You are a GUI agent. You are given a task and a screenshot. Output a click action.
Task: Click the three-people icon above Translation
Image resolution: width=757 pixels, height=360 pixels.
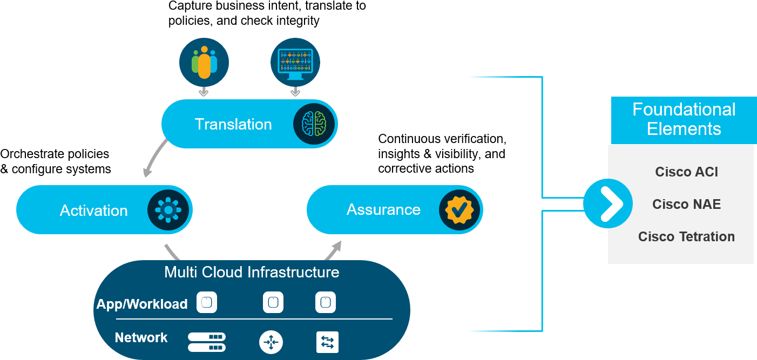[204, 63]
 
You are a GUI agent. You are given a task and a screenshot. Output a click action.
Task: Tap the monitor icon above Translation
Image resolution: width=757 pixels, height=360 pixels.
[295, 63]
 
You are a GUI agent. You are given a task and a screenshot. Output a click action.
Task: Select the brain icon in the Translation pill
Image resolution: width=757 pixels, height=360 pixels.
[314, 124]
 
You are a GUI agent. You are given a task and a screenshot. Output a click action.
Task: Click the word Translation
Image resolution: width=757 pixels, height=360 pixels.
[233, 124]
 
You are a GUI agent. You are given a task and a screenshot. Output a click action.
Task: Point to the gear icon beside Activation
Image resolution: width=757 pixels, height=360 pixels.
[168, 209]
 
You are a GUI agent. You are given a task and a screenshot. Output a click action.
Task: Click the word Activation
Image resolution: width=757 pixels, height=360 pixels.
[94, 210]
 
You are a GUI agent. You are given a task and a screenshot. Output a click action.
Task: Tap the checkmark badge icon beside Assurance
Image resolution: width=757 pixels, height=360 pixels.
[459, 209]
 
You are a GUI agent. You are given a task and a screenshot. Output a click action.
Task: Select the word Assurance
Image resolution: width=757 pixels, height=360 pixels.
[383, 209]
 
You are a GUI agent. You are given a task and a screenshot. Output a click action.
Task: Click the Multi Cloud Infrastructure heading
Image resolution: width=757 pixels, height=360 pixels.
[252, 271]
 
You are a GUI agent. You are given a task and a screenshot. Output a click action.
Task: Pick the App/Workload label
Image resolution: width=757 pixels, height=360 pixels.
[142, 304]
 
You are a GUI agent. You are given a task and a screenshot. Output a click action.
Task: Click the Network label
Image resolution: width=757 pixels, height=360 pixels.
[141, 338]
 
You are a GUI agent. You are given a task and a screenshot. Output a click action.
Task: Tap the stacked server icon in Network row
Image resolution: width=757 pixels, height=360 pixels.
[206, 342]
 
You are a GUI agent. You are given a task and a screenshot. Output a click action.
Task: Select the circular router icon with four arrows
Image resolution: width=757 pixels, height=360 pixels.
[271, 342]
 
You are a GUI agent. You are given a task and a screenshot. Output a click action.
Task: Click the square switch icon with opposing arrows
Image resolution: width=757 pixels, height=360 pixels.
[327, 342]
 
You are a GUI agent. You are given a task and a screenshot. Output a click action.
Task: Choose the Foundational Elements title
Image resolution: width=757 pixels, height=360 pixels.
[684, 119]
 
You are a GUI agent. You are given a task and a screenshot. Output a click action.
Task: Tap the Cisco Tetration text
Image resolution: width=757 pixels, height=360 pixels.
[686, 236]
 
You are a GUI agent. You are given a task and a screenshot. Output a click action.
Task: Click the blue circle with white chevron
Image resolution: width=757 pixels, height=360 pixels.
[608, 204]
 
